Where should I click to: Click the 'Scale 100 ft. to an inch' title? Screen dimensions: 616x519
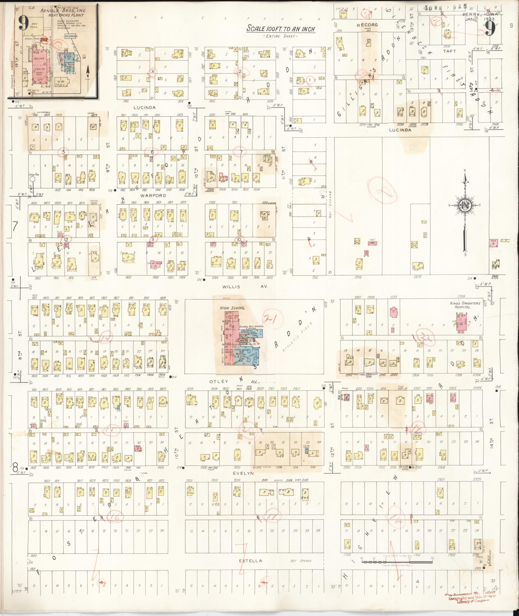coord(281,29)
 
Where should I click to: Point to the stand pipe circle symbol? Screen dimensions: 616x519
coord(32,186)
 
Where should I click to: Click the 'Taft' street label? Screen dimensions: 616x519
coord(449,51)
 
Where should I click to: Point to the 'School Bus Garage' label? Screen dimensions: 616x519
coord(252,327)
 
